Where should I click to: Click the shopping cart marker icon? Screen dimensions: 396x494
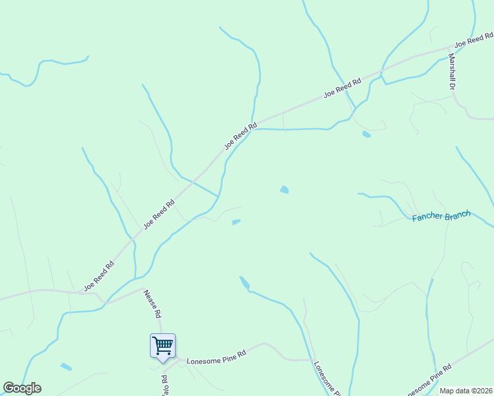(x=162, y=345)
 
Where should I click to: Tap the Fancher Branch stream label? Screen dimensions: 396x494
(x=441, y=216)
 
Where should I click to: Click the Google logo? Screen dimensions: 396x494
(x=22, y=388)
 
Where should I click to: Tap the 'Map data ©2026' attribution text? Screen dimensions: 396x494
(x=466, y=391)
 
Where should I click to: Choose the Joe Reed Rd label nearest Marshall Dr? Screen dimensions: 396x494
(x=470, y=41)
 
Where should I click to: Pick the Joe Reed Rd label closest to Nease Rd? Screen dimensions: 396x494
(x=99, y=276)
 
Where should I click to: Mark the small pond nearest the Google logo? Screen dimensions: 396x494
(x=66, y=366)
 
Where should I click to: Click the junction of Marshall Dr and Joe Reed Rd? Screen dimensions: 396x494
(x=450, y=48)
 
